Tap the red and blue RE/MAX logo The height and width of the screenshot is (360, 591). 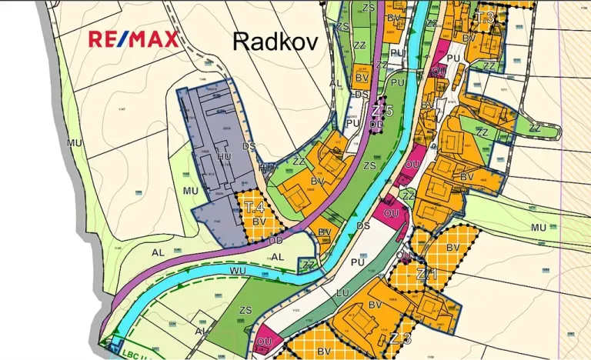(133, 38)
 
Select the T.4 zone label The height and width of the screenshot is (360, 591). (254, 207)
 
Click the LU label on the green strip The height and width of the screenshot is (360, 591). (343, 292)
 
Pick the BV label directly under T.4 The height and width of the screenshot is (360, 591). (259, 222)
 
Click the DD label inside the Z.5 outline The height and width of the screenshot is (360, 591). (376, 124)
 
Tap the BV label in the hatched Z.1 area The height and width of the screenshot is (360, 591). (452, 247)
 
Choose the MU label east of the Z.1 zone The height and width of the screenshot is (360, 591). (538, 228)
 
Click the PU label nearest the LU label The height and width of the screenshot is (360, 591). (356, 262)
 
